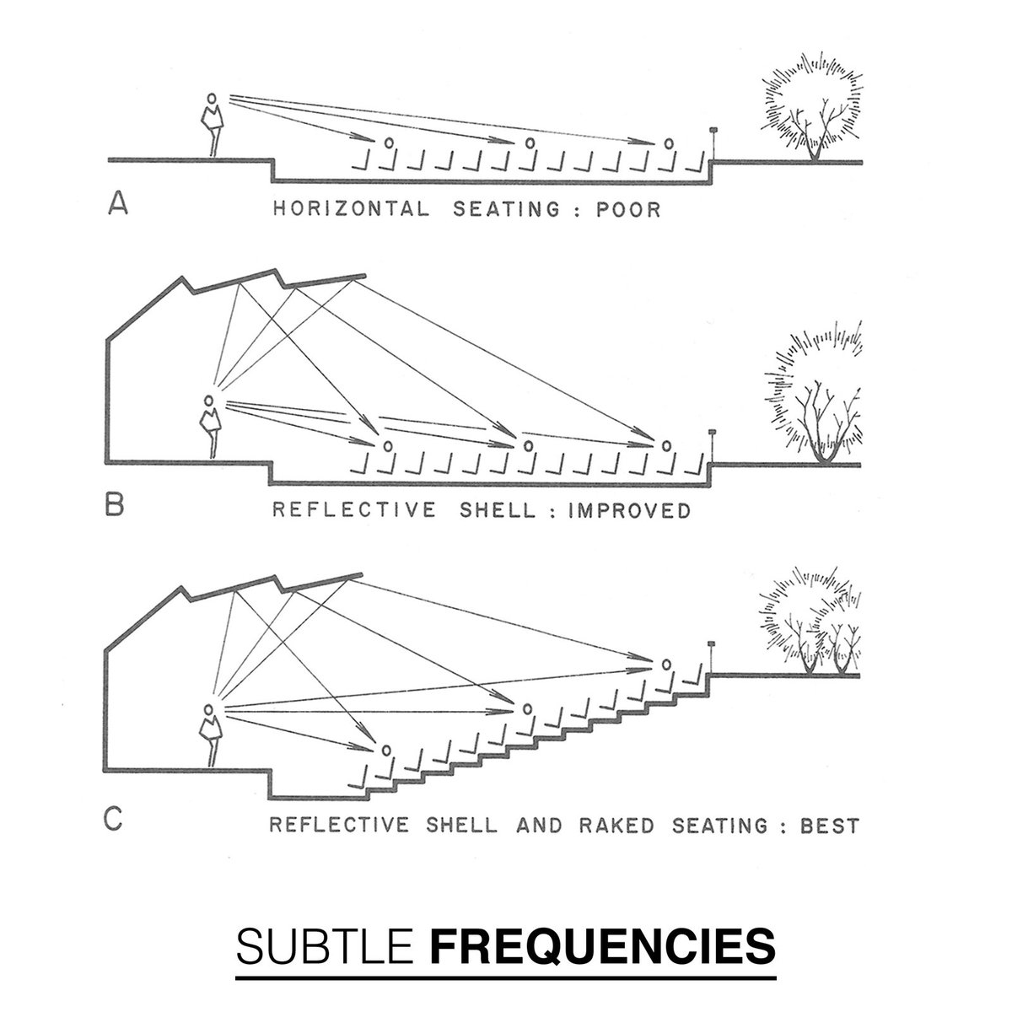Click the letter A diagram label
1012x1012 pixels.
coord(118,205)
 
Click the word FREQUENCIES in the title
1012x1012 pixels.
coord(603,947)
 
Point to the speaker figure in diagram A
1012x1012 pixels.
coord(213,123)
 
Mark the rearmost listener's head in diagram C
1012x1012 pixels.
coord(667,665)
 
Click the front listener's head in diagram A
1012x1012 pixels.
coord(388,143)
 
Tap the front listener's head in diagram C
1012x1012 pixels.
coord(387,749)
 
